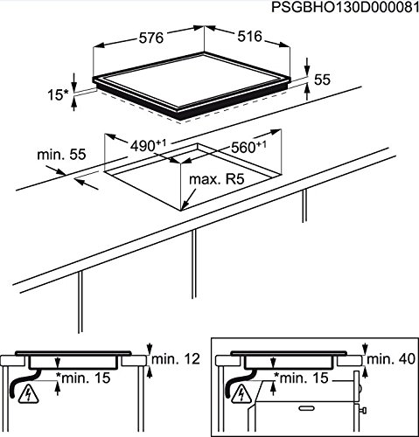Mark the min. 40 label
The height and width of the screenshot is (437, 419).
coord(389,358)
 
